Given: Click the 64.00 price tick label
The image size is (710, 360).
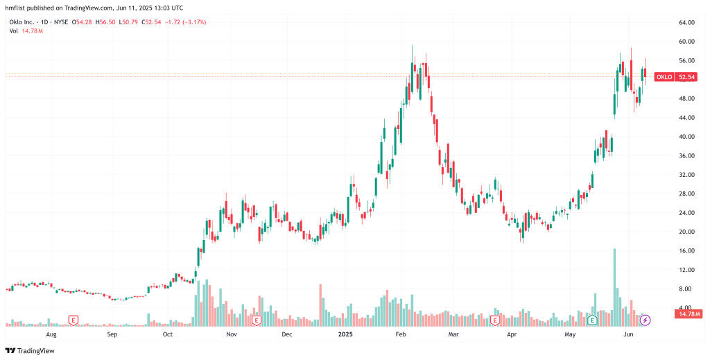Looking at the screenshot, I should [x=686, y=23].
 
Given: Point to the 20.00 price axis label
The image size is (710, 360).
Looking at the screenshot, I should [x=686, y=232].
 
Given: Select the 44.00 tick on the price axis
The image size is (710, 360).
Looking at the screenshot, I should [x=686, y=118].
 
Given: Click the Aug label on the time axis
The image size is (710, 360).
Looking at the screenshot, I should [x=51, y=334].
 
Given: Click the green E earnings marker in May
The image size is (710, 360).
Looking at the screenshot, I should [x=592, y=320].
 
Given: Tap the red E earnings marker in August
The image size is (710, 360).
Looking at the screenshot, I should [x=73, y=320].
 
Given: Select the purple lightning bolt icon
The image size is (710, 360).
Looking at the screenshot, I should [x=645, y=320].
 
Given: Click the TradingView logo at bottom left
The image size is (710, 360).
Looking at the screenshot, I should [x=31, y=350].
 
